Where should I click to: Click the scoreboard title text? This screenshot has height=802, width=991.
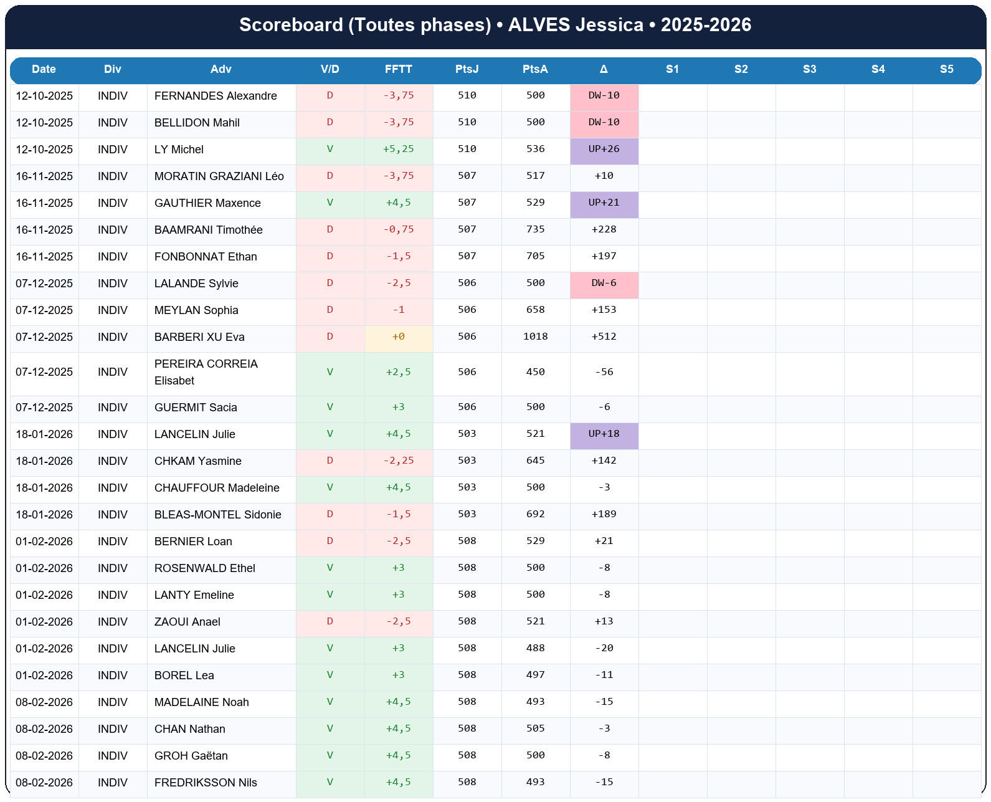495,25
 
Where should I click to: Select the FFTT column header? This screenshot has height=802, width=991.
398,69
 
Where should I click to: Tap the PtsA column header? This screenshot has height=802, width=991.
535,69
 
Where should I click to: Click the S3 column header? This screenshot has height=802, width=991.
809,69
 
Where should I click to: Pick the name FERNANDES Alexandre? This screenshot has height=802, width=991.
216,96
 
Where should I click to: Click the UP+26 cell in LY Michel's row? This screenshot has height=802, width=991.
604,150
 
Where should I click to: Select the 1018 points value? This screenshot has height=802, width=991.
535,337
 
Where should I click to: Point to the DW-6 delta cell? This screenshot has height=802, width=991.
604,284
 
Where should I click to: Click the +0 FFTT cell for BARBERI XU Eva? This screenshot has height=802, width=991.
398,337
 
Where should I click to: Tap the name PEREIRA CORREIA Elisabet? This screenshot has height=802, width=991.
206,372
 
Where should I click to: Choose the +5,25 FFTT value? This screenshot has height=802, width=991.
398,150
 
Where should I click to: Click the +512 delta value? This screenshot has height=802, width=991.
604,337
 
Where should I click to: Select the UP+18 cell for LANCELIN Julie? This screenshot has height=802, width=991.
604,434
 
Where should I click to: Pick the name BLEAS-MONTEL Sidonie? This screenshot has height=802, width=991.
217,515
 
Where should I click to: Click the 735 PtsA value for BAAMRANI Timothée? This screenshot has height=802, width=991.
535,230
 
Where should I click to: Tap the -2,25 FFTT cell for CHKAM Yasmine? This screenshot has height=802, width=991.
398,461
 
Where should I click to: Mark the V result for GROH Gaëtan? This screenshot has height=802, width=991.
330,756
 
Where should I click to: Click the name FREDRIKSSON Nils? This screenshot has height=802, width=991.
206,783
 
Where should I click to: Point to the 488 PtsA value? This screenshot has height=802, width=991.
535,649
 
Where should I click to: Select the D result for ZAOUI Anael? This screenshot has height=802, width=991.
330,622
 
